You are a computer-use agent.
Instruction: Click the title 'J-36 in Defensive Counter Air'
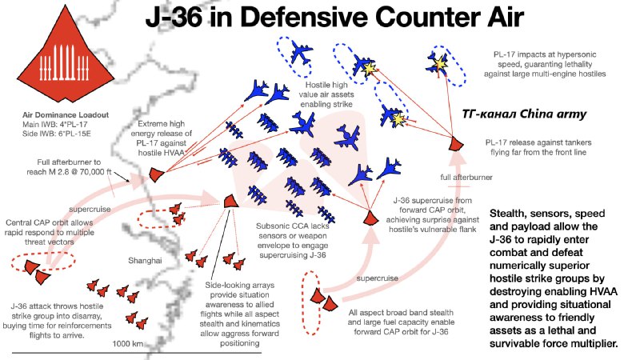point(334,17)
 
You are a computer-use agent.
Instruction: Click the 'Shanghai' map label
point(145,261)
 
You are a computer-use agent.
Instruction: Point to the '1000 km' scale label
point(128,344)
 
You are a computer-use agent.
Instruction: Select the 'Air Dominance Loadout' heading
point(66,114)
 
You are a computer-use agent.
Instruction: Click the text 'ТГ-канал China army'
point(524,114)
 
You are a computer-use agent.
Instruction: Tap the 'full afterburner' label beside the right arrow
point(466,177)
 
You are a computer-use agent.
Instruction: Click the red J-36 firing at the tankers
point(456,143)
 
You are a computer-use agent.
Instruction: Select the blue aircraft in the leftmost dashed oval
point(302,53)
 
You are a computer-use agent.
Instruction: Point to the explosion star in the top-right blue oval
point(440,63)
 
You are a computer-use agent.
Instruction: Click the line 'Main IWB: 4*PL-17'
point(54,125)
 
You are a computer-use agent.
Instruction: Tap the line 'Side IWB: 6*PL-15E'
point(57,134)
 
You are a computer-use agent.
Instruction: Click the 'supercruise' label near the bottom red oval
point(377,278)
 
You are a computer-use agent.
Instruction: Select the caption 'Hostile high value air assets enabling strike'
point(326,94)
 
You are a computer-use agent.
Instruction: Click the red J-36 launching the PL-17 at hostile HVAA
point(156,174)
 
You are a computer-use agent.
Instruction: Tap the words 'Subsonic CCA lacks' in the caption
point(293,226)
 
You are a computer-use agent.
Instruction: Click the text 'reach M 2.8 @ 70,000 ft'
point(69,172)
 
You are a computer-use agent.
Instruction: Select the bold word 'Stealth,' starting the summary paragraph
point(506,214)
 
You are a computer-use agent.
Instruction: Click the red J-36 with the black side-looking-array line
point(231,201)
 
